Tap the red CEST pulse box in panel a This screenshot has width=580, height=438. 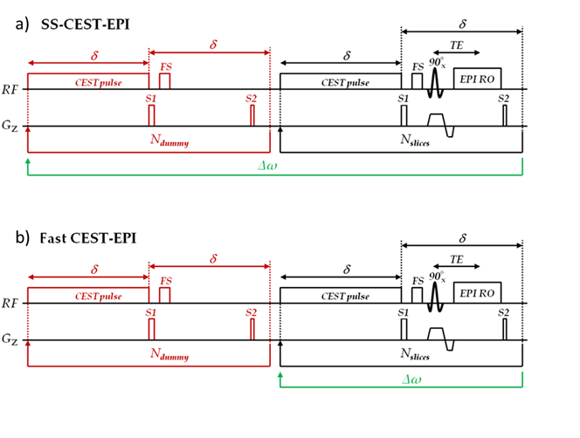point(88,82)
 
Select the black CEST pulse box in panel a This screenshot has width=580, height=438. point(340,82)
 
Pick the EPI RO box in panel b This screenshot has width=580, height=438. point(477,292)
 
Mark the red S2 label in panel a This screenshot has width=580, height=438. point(252,98)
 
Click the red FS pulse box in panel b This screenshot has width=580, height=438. point(164,295)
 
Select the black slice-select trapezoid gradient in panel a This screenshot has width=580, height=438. point(436,120)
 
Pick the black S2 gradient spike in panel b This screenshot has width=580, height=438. point(505,330)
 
